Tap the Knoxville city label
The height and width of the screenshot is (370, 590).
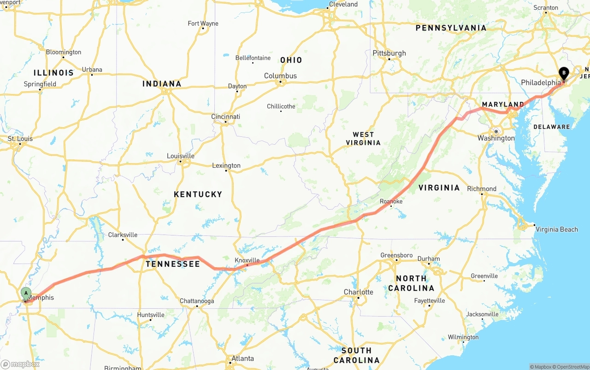tap(247, 260)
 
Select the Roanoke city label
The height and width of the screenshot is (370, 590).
tap(391, 201)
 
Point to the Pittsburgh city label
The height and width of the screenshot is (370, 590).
tap(389, 53)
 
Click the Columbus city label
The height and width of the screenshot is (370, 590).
tap(280, 76)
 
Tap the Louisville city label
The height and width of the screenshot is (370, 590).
tap(180, 156)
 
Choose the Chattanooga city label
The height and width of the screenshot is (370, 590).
tap(197, 301)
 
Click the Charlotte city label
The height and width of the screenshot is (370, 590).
tap(358, 292)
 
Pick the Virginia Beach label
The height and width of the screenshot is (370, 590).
tap(556, 229)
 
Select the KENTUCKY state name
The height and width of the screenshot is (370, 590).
tap(198, 194)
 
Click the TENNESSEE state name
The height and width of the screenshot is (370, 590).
tap(173, 264)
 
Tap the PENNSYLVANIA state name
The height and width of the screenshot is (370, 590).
tap(451, 28)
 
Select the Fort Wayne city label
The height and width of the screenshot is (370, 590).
tap(203, 23)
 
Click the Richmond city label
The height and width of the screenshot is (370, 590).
tap(482, 188)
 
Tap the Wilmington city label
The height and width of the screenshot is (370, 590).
tap(463, 337)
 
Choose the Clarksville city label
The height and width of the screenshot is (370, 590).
tap(123, 235)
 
